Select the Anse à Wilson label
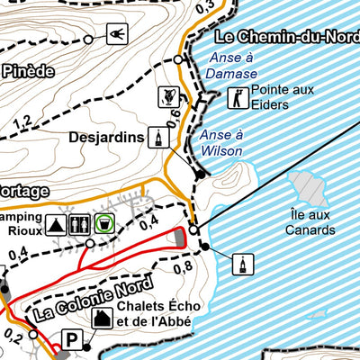point(221,142)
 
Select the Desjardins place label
point(106,138)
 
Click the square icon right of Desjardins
point(158,138)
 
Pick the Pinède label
point(28,70)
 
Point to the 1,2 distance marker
point(22,121)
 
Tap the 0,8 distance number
point(184,266)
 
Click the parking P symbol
point(70,341)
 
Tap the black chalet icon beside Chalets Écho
point(102,317)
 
